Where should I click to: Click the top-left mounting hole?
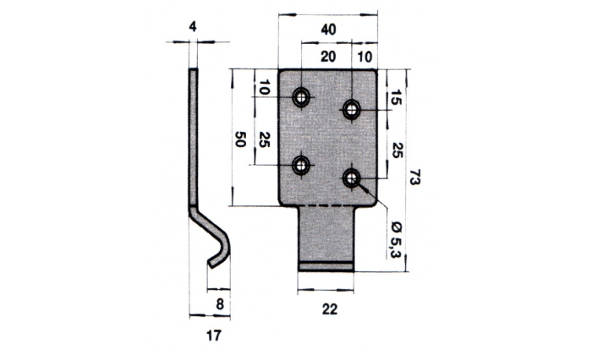(x=301, y=97)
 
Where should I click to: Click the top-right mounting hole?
(x=352, y=109)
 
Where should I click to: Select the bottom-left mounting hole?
(x=301, y=166)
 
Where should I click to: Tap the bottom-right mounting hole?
(x=352, y=177)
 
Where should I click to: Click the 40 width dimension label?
(x=328, y=29)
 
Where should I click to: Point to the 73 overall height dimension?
(x=414, y=177)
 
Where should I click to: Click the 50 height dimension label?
(x=240, y=139)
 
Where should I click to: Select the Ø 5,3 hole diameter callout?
(x=396, y=239)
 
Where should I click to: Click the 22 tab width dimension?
(x=330, y=309)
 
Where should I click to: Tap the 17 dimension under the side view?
(x=213, y=335)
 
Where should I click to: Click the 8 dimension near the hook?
(x=220, y=303)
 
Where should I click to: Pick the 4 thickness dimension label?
(x=193, y=27)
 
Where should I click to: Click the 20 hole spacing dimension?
(x=328, y=57)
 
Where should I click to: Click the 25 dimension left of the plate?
(x=265, y=139)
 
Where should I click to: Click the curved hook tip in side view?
(x=212, y=264)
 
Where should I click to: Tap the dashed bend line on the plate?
(x=328, y=206)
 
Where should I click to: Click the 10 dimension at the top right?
(x=365, y=57)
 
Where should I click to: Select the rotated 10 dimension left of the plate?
(x=264, y=87)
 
